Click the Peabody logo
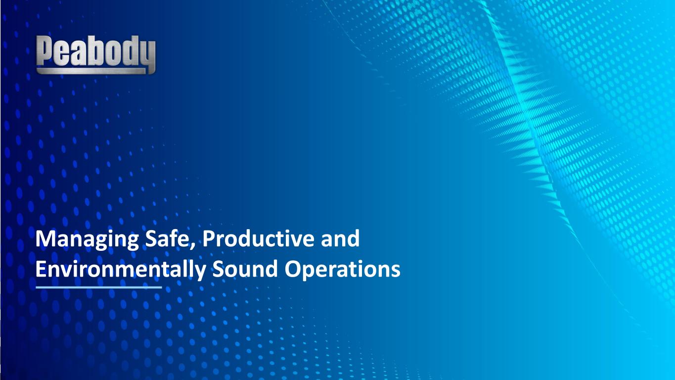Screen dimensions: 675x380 click(96, 54)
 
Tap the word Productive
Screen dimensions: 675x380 click(258, 238)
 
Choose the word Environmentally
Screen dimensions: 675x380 click(121, 270)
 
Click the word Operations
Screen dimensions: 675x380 click(342, 270)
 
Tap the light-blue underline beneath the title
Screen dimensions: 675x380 click(99, 287)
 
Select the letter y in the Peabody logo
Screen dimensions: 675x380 click(146, 54)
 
